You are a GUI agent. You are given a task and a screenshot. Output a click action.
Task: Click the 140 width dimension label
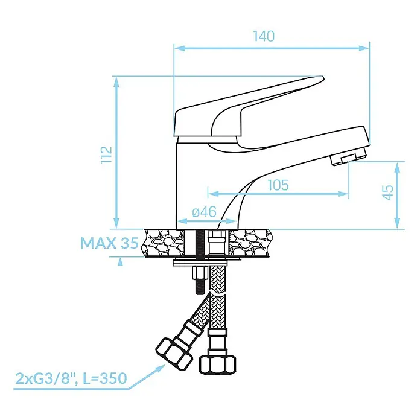pos(264,36)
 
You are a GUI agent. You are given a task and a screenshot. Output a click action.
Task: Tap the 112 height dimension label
pos(106,155)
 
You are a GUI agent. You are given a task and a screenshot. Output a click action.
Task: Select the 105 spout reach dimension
pos(278,185)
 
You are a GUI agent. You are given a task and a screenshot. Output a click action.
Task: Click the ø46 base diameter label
pos(204,212)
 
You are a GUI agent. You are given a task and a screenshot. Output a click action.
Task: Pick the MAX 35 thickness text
pos(109,243)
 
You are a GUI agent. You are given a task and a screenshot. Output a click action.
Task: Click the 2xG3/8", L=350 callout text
pos(71,378)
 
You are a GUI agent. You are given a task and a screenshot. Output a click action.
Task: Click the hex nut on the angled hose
pos(174,354)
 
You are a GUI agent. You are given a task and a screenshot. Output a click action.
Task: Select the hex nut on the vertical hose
pos(217,364)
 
